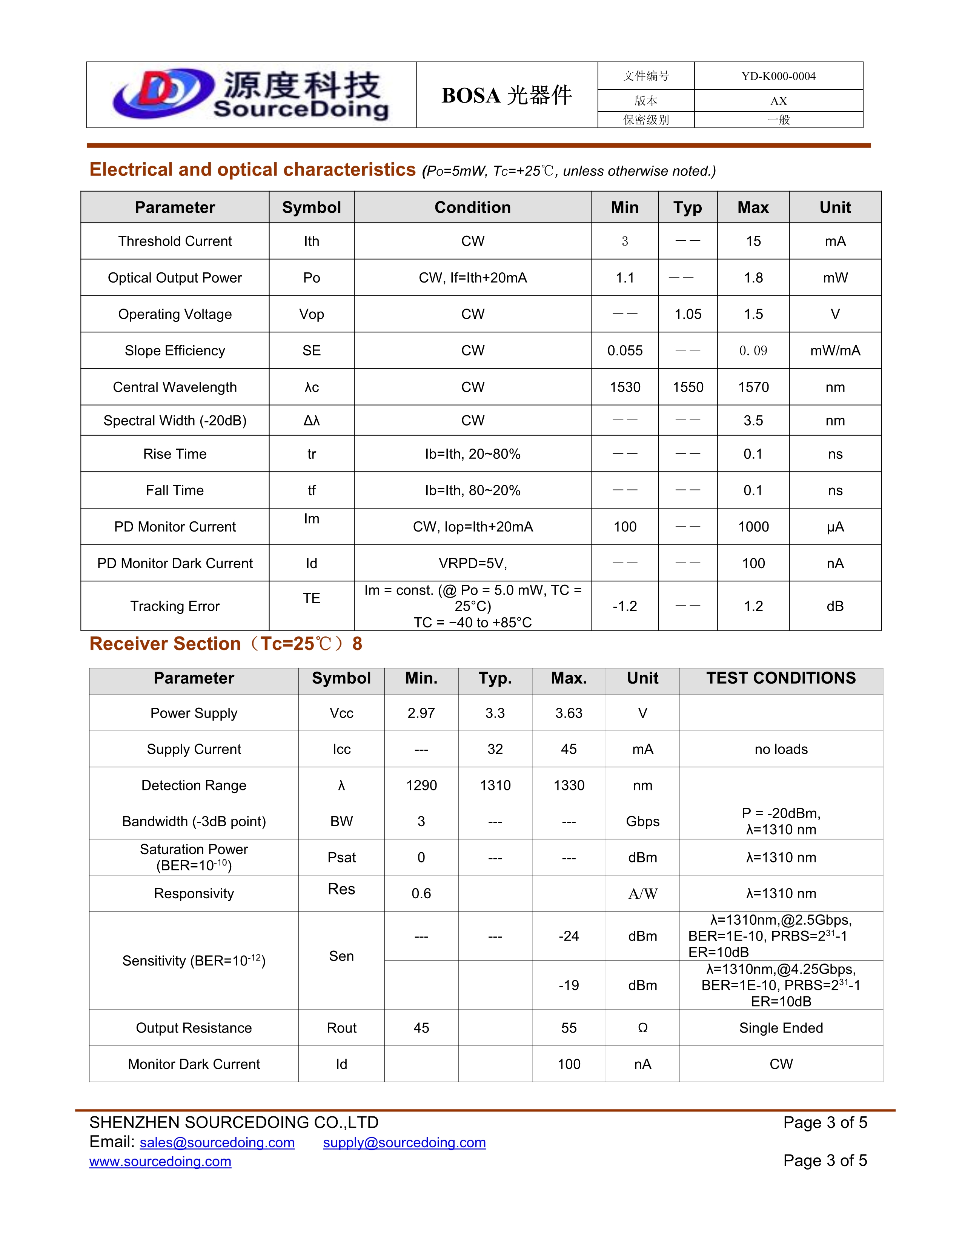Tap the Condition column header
pyautogui.click(x=472, y=207)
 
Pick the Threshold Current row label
pyautogui.click(x=175, y=241)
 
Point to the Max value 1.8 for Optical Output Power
pyautogui.click(x=753, y=278)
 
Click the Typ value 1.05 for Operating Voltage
pyautogui.click(x=688, y=314)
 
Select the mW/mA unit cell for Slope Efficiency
pyautogui.click(x=835, y=350)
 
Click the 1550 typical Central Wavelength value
pyautogui.click(x=688, y=387)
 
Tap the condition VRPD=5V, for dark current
pyautogui.click(x=472, y=563)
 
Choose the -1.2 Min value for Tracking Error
pyautogui.click(x=625, y=606)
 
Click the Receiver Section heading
pyautogui.click(x=226, y=644)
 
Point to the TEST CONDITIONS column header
pyautogui.click(x=781, y=678)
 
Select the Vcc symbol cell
pyautogui.click(x=341, y=713)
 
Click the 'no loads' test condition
pyautogui.click(x=781, y=749)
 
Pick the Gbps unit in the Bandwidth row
pyautogui.click(x=642, y=821)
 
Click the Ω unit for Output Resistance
pyautogui.click(x=642, y=1028)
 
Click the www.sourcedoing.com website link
pyautogui.click(x=160, y=1161)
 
